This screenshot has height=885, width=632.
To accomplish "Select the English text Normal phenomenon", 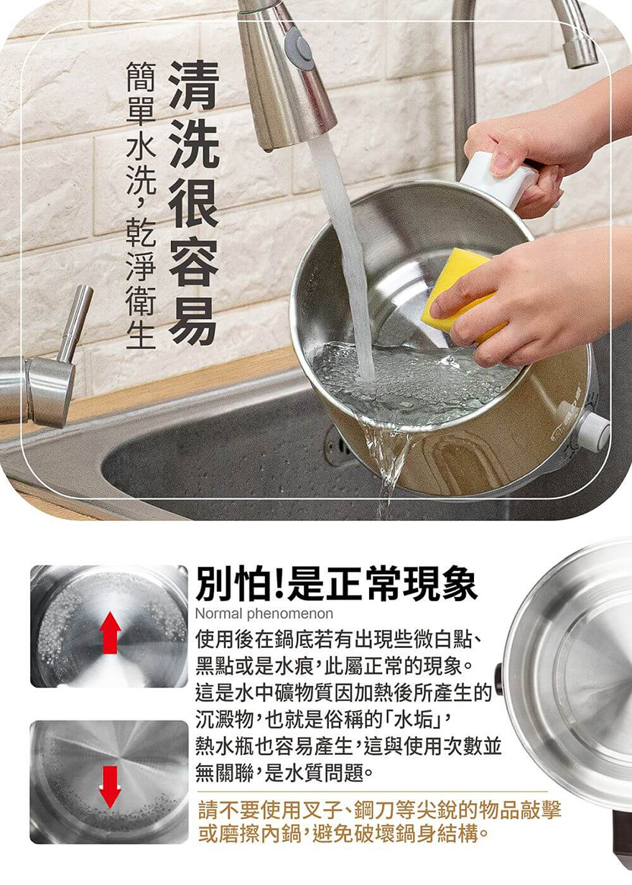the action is [264, 613].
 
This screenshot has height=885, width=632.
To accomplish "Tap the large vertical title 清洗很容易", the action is [194, 203].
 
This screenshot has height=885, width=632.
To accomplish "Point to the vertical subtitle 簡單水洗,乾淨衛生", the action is [140, 206].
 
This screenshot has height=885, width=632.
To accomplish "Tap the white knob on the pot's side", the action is [595, 430].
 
